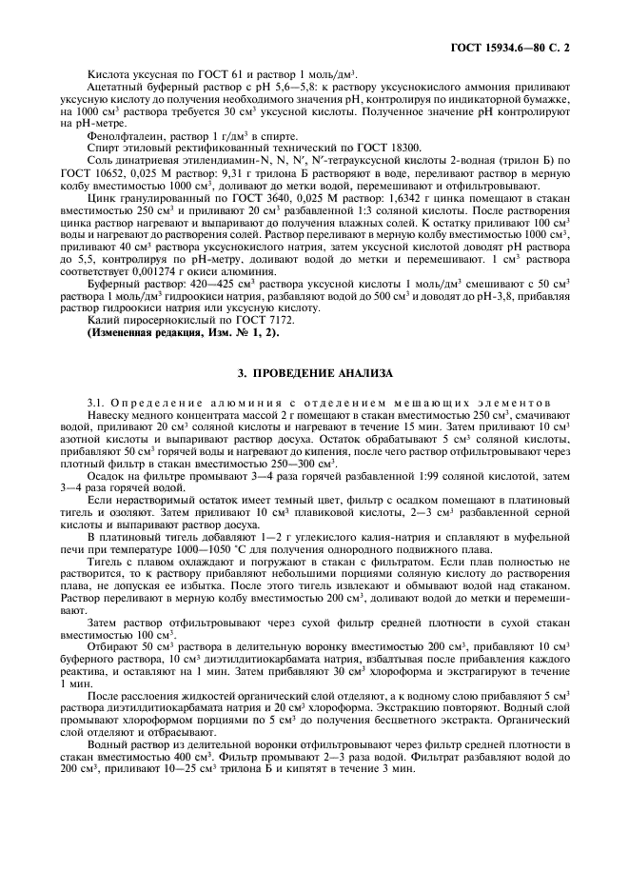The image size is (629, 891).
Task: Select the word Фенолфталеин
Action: point(117,136)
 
